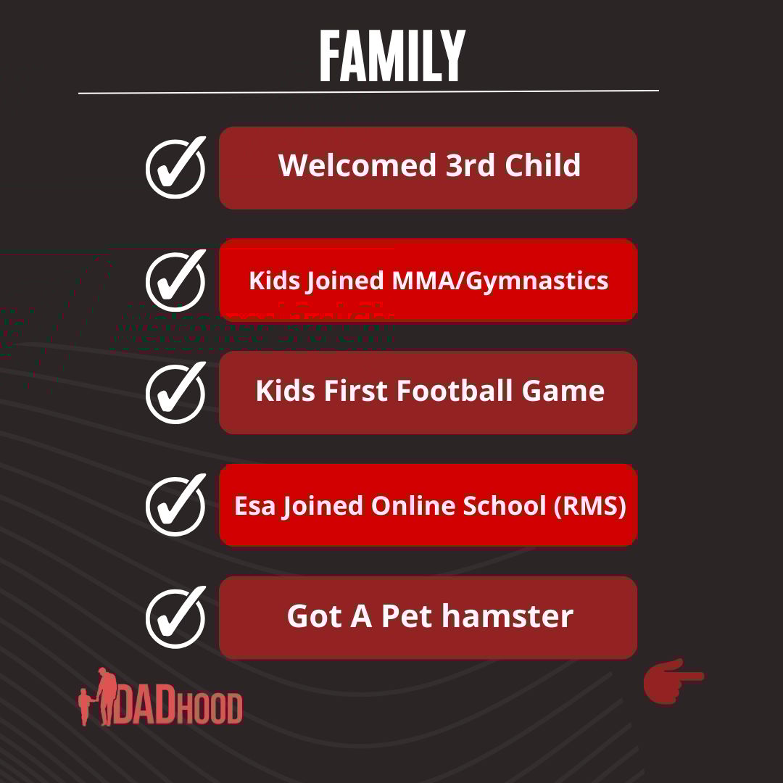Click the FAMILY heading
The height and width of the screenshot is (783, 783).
[392, 55]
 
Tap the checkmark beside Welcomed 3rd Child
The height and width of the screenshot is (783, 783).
[175, 167]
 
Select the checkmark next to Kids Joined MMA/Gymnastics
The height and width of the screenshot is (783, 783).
[175, 280]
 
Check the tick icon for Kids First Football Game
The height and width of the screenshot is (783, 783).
[175, 393]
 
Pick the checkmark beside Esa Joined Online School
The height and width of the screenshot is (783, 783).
[175, 505]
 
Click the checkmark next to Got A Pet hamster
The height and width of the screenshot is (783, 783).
[175, 618]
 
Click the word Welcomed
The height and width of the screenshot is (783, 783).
[357, 165]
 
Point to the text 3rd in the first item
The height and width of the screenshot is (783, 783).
[471, 165]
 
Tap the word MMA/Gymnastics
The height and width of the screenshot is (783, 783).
[500, 281]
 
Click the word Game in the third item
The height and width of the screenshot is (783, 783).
[563, 391]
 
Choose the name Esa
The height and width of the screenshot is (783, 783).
[254, 506]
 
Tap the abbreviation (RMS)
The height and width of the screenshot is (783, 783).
[589, 506]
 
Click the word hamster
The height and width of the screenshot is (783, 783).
[507, 616]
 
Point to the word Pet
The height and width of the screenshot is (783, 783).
[407, 616]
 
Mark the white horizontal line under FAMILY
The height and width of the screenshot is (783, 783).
[368, 92]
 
